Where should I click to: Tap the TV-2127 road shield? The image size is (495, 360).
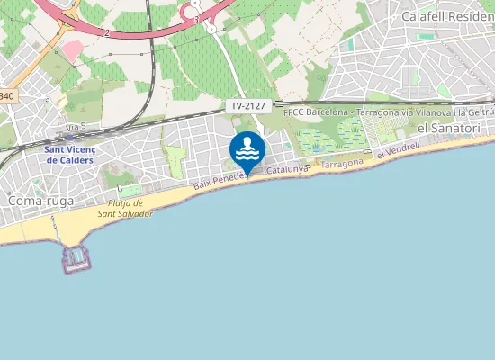click(x=248, y=106)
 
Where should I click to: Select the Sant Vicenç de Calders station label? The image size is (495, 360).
click(x=76, y=154)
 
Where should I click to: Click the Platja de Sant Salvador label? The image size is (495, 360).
click(x=125, y=209)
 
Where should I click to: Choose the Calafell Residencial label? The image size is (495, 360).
click(x=447, y=16)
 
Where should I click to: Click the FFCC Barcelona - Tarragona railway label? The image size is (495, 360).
click(x=387, y=113)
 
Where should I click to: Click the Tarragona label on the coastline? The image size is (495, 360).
click(x=342, y=163)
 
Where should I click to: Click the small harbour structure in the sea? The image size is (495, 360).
click(x=77, y=259)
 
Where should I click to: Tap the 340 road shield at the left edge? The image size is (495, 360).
click(x=7, y=96)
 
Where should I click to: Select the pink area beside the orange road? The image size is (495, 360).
click(x=72, y=50)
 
